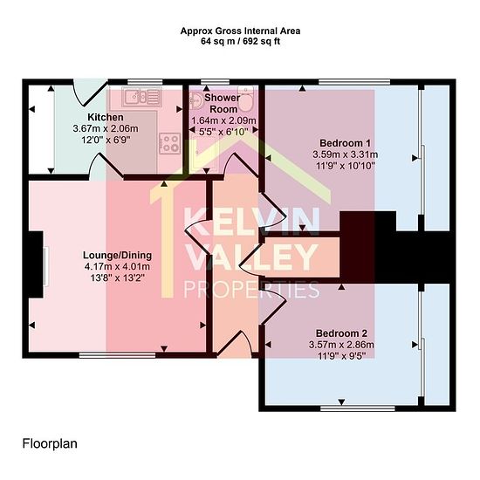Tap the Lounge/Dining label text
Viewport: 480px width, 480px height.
(117, 255)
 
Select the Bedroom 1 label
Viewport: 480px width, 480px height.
(345, 143)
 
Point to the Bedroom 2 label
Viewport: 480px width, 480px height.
(341, 333)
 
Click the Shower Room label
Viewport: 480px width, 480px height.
(223, 104)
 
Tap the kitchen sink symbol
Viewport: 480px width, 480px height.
(141, 96)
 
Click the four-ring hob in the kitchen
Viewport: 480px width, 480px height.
(169, 143)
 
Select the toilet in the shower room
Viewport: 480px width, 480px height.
(245, 99)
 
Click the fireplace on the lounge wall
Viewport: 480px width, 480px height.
(37, 264)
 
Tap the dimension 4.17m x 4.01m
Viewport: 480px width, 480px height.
(117, 267)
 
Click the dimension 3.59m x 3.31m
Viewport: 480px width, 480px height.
(345, 154)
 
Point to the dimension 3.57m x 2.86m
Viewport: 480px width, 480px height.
(341, 345)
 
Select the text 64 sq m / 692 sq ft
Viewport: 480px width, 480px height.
(240, 41)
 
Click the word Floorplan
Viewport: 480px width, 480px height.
(50, 443)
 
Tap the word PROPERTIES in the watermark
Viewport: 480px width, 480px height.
(251, 290)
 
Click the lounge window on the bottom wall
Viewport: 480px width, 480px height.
(118, 355)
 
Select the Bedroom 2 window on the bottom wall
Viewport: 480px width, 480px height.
(358, 408)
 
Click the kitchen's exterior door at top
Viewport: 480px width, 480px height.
(91, 92)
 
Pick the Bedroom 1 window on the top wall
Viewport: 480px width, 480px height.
(354, 82)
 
